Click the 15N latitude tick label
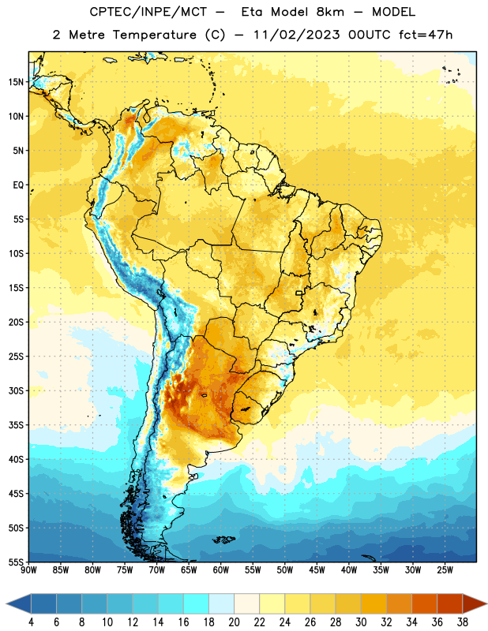pyautogui.click(x=16, y=82)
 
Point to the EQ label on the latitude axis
pyautogui.click(x=18, y=185)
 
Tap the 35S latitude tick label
pyautogui.click(x=16, y=425)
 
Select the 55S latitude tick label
pyautogui.click(x=16, y=562)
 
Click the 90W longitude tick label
pyautogui.click(x=28, y=569)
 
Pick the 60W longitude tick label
pyautogui.click(x=221, y=569)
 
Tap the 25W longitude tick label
pyautogui.click(x=445, y=569)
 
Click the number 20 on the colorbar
pyautogui.click(x=234, y=622)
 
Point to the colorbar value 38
pyautogui.click(x=463, y=622)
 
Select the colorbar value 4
pyautogui.click(x=31, y=622)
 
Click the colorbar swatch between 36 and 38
pyautogui.click(x=450, y=603)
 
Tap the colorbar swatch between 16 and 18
pyautogui.click(x=197, y=603)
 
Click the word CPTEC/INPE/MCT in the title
pyautogui.click(x=148, y=12)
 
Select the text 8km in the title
pyautogui.click(x=330, y=12)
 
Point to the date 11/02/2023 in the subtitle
pyautogui.click(x=297, y=35)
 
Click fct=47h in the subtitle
pyautogui.click(x=426, y=35)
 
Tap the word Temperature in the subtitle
pyautogui.click(x=154, y=35)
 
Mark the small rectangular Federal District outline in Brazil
pyautogui.click(x=299, y=293)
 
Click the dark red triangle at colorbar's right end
pyautogui.click(x=474, y=603)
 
